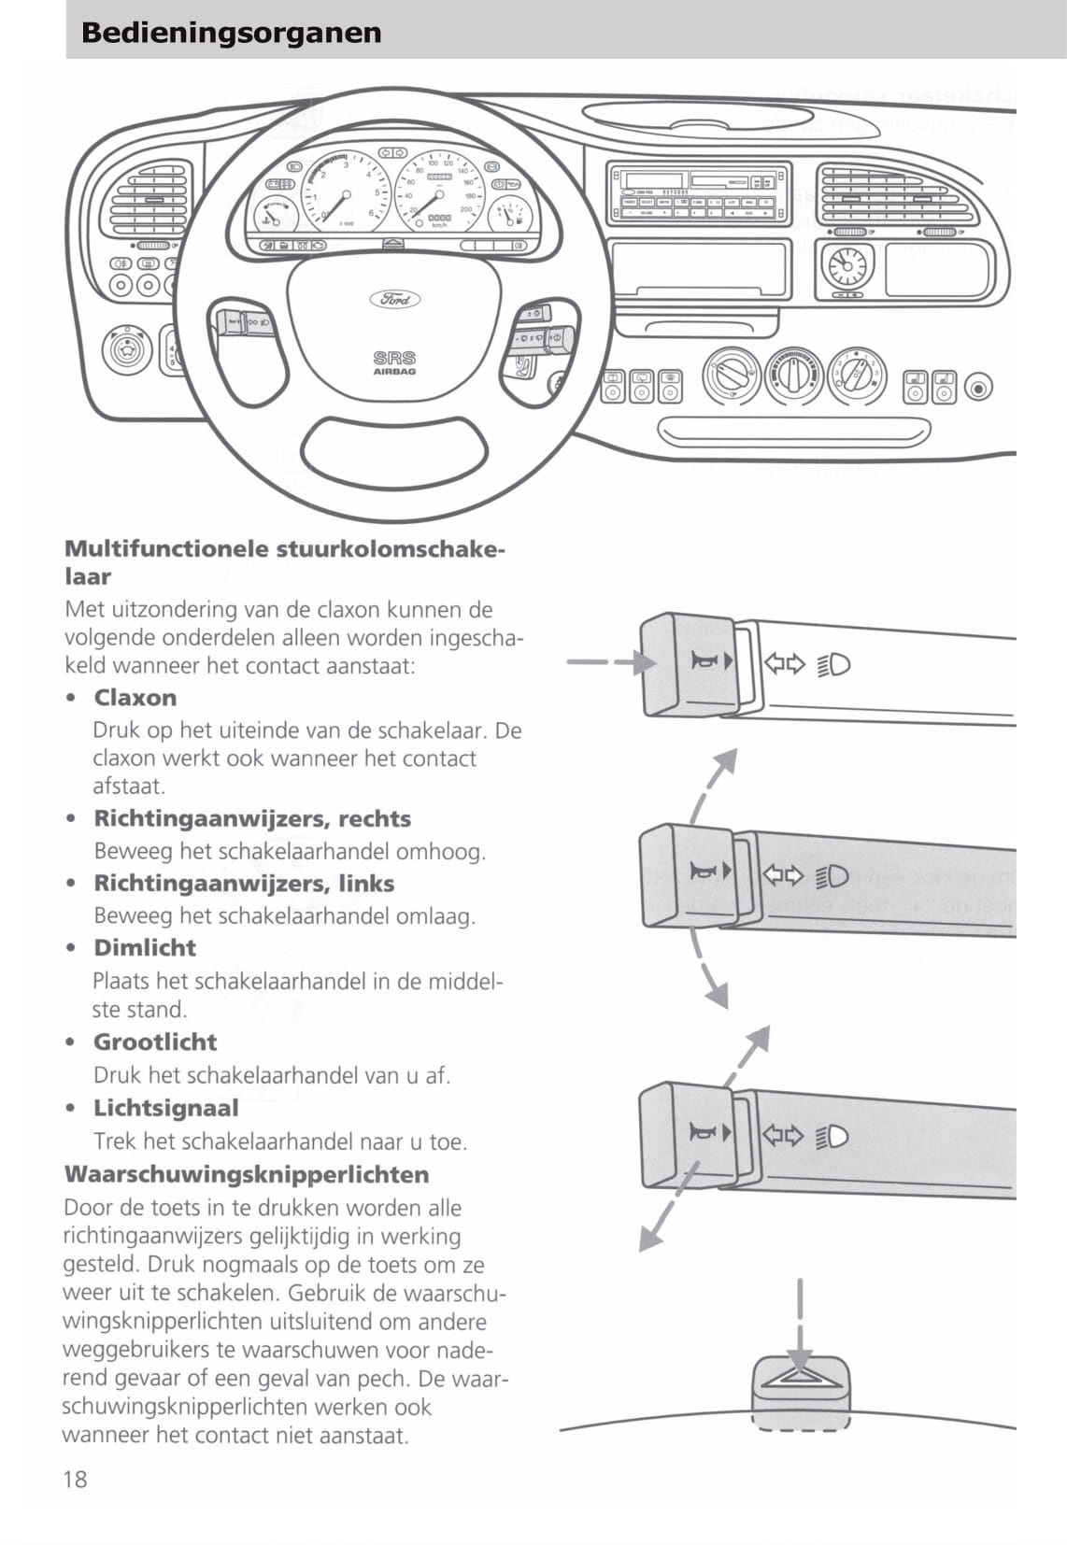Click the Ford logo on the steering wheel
[x=395, y=299]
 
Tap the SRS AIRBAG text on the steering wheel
[x=394, y=362]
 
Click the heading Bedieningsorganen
[x=231, y=33]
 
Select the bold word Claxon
[x=135, y=698]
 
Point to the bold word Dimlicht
[x=145, y=948]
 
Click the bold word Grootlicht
[x=155, y=1042]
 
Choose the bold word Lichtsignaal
[x=165, y=1109]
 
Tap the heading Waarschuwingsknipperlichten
[x=247, y=1174]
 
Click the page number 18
[x=75, y=1479]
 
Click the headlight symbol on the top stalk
[x=834, y=665]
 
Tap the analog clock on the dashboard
[x=847, y=266]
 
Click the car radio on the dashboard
[x=697, y=193]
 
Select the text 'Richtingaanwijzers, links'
[x=244, y=884]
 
